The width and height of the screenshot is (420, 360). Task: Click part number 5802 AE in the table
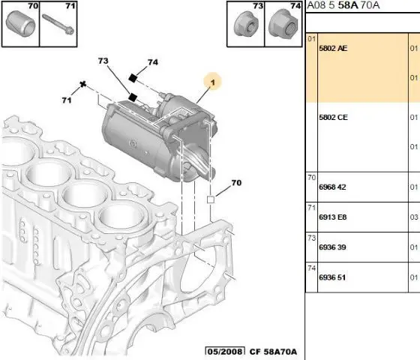tap(333, 48)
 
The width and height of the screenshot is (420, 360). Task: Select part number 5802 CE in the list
tap(333, 117)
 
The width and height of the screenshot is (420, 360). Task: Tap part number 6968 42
tap(332, 187)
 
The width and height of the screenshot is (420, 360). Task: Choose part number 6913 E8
tap(333, 217)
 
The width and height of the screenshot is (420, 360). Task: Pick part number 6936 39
tap(332, 247)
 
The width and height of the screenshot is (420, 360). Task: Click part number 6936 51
tap(332, 277)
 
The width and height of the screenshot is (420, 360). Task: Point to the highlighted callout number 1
tap(213, 82)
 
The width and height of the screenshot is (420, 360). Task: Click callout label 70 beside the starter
tap(236, 183)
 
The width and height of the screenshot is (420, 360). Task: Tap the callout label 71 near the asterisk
tap(67, 100)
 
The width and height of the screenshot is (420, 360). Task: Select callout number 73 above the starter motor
tap(103, 61)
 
